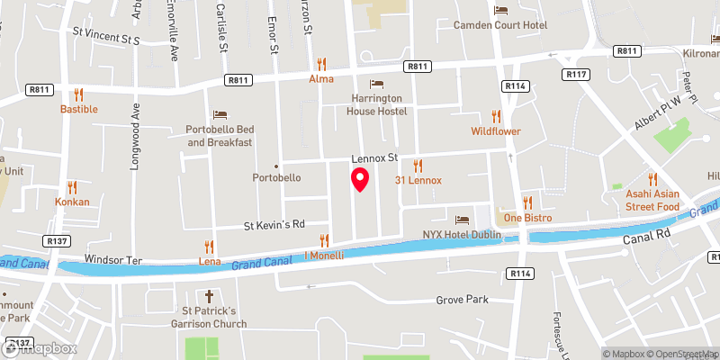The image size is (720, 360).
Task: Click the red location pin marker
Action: coord(360,179)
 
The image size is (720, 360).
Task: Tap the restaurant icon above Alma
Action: coord(321,64)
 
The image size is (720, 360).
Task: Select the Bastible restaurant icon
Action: coord(78,94)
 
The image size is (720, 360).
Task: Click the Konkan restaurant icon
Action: coord(72,187)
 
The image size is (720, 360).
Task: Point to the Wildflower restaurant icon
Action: coord(496,116)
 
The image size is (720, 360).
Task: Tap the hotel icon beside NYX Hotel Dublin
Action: coord(462,220)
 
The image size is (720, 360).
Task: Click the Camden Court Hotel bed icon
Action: coord(501,10)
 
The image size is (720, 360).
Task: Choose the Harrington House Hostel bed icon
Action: coord(377,84)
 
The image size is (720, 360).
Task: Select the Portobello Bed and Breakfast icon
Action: coord(220,114)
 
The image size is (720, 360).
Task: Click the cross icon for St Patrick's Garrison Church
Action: coord(210,295)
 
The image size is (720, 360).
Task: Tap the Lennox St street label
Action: coord(373,158)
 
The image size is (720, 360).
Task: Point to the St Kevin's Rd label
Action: coord(276,224)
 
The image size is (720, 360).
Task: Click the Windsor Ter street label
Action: coord(113,259)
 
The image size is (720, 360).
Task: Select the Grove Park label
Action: coord(461,300)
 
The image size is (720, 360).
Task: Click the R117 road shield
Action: coord(576,73)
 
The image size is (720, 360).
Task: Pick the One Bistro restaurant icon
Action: coord(528,202)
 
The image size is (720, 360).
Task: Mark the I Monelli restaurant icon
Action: coord(325,240)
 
